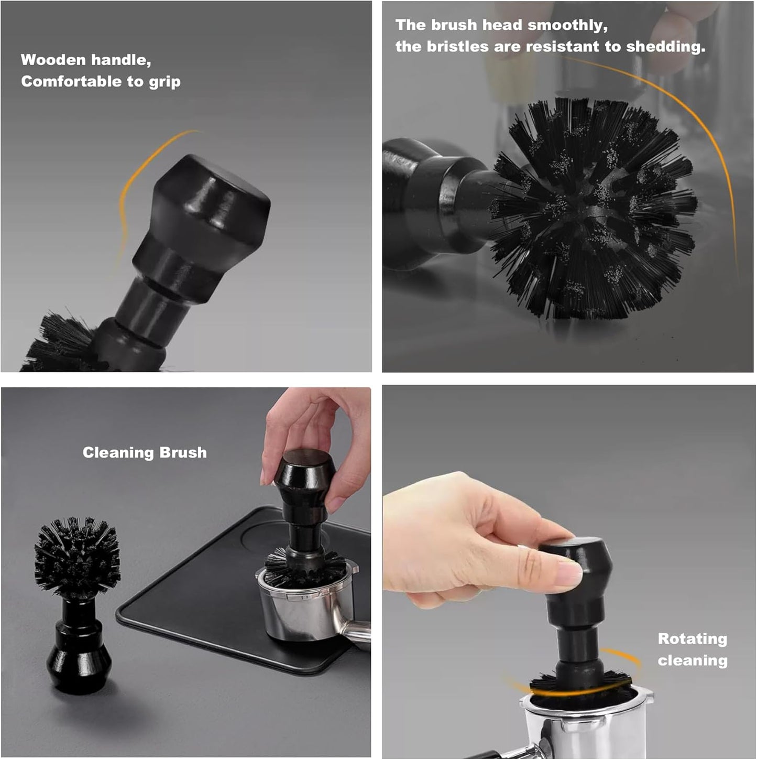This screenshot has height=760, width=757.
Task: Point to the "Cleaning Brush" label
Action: pos(145,452)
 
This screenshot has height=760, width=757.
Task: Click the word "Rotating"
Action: pos(692,638)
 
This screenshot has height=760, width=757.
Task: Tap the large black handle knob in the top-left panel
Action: pos(210,199)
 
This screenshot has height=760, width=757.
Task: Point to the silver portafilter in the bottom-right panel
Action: pos(582,729)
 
